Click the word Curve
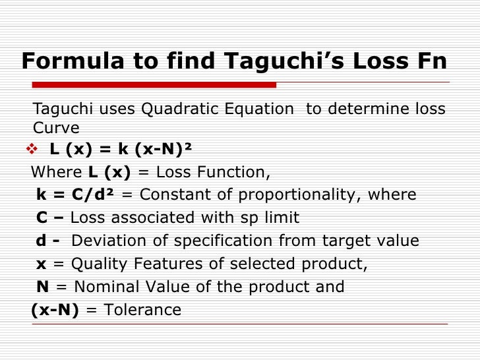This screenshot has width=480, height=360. [x=56, y=127]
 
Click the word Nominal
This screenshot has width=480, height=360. [x=105, y=287]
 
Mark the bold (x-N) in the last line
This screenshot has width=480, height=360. [x=55, y=310]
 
